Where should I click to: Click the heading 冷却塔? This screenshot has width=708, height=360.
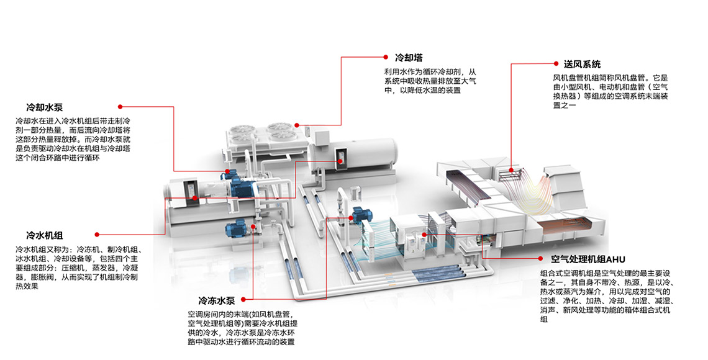409,58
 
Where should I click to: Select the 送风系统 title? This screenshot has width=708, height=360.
582,64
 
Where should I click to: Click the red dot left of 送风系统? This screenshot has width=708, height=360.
556,63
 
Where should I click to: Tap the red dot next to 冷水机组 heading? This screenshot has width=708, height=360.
96,235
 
